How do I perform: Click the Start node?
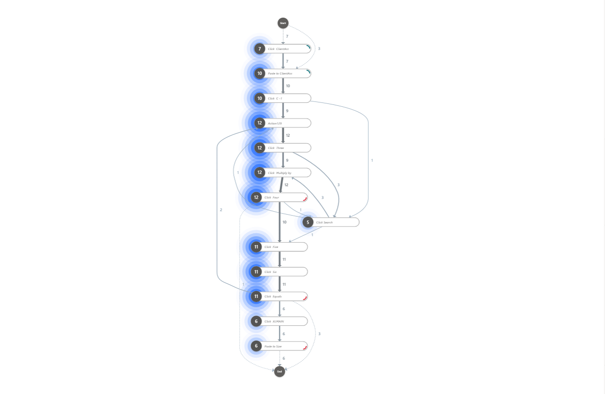click(283, 23)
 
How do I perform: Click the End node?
click(279, 371)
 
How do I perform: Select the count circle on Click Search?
click(308, 222)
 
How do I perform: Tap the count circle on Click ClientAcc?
click(260, 49)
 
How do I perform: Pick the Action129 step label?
click(275, 123)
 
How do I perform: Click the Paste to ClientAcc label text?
click(280, 74)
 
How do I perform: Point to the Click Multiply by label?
click(279, 173)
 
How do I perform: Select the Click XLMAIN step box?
click(284, 321)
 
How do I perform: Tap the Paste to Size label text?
click(273, 346)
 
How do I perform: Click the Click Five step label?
click(271, 247)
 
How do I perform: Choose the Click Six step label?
click(270, 272)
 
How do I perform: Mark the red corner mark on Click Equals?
click(305, 298)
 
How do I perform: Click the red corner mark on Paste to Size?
click(305, 347)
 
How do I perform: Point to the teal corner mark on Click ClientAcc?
click(308, 47)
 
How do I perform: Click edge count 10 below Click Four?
click(284, 222)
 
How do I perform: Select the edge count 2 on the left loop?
click(221, 210)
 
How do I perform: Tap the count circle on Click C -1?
click(260, 98)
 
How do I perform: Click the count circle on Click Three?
click(260, 148)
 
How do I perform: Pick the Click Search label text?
click(324, 222)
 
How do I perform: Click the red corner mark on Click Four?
click(305, 199)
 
